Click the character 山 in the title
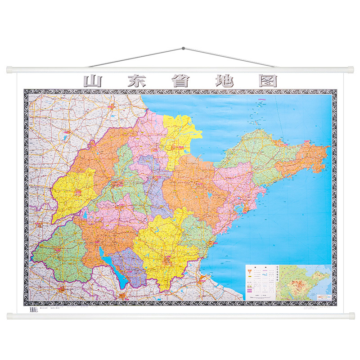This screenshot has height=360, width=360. pos(93,81)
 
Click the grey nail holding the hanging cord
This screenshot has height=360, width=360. pos(183,47)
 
